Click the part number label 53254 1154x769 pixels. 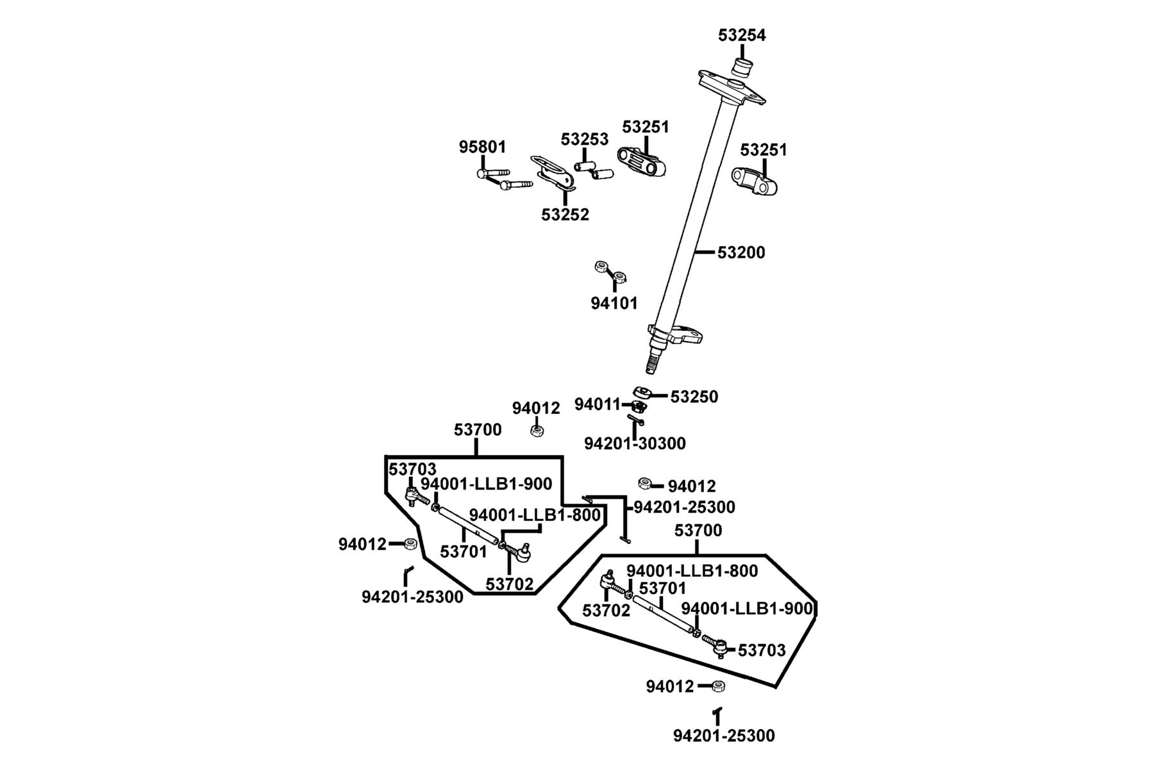click(742, 35)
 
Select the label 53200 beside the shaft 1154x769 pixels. click(741, 252)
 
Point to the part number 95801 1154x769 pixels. click(482, 147)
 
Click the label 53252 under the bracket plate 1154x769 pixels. click(565, 215)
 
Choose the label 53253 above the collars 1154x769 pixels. click(585, 139)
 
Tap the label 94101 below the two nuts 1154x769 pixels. click(614, 303)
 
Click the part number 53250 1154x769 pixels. click(694, 397)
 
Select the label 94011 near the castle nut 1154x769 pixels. click(598, 404)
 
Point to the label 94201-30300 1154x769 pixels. click(635, 443)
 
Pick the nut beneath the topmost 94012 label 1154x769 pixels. click(537, 430)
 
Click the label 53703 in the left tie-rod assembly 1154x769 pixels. click(412, 470)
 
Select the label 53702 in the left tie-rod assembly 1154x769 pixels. click(509, 584)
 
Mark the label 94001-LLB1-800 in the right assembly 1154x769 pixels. click(692, 571)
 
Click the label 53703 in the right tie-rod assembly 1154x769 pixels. click(762, 650)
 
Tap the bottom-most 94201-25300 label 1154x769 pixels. click(724, 736)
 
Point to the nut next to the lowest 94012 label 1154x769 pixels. click(719, 686)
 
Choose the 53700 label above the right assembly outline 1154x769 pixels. click(698, 531)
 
